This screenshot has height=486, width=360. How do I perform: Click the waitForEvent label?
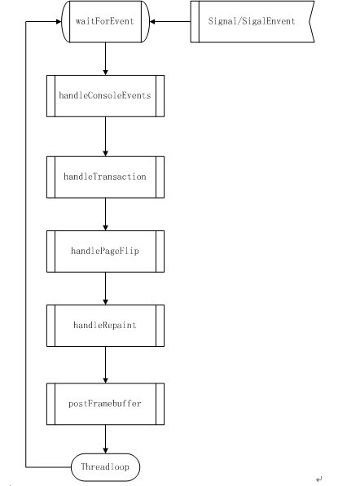click(105, 21)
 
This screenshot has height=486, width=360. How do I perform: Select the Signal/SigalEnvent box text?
click(252, 21)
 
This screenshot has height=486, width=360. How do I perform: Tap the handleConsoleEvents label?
click(105, 95)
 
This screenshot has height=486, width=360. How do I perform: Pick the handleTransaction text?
click(105, 177)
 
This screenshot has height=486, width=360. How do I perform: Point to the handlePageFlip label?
click(105, 251)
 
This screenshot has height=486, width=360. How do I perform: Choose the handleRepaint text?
click(105, 325)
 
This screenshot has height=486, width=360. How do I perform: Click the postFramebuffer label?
click(105, 404)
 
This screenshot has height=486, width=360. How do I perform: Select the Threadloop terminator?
click(105, 466)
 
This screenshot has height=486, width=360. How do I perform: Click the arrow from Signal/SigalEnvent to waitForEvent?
click(170, 21)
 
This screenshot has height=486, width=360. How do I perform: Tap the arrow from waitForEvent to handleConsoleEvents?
click(105, 59)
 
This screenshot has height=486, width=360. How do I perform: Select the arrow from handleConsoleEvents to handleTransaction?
click(105, 137)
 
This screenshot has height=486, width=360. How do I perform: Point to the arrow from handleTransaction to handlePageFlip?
click(105, 214)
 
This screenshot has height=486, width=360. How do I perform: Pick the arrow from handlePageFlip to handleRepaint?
click(105, 288)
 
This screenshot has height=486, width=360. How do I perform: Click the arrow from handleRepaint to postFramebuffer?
click(105, 365)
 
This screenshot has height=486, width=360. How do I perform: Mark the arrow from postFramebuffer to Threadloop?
click(105, 440)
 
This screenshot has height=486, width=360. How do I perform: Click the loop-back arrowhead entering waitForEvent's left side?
click(59, 21)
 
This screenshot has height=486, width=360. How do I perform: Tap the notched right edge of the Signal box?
click(311, 21)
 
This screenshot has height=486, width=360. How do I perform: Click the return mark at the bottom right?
click(319, 479)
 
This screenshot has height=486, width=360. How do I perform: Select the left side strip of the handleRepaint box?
click(50, 326)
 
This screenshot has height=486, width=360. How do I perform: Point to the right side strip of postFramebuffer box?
click(160, 404)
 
